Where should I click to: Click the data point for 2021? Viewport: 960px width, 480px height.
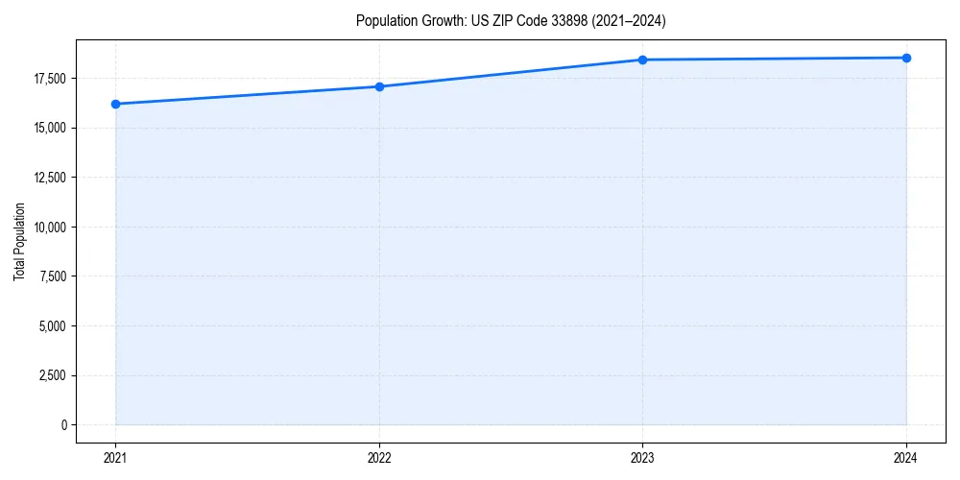(115, 104)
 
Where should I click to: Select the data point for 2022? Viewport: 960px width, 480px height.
(379, 86)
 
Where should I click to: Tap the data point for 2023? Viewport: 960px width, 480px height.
(642, 60)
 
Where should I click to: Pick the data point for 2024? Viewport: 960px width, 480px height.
(906, 58)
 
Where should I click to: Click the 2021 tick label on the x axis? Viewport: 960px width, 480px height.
(115, 457)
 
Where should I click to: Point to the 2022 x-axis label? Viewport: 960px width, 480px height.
(379, 457)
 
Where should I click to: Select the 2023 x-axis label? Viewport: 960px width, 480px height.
(642, 457)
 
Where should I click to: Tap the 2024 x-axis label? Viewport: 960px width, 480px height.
(906, 457)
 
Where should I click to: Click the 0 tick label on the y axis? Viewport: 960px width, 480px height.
(65, 425)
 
